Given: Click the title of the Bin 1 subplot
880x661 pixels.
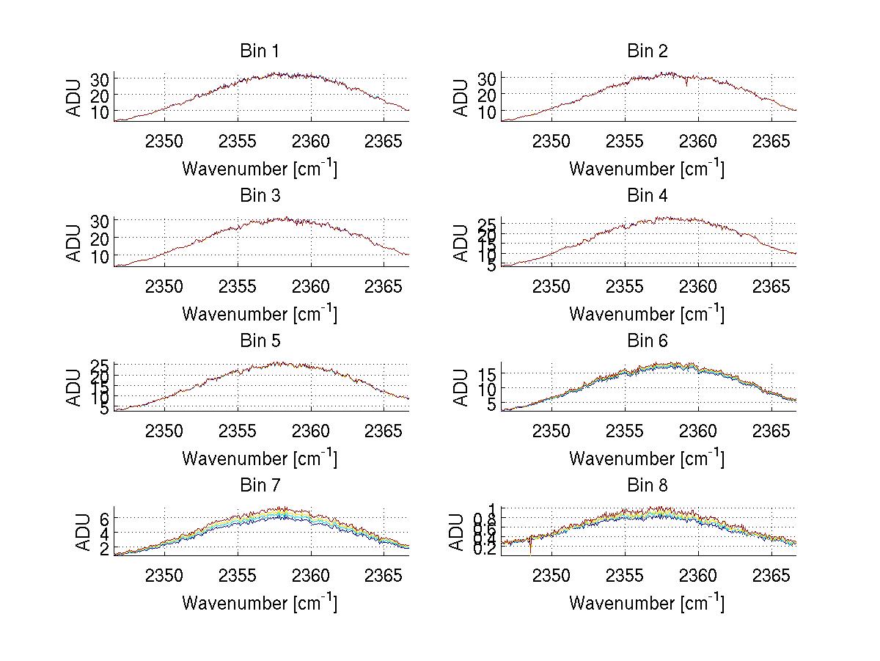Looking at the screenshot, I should click(x=260, y=51).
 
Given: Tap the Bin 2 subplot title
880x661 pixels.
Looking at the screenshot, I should click(x=647, y=51).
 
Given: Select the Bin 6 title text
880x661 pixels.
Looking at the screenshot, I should click(x=647, y=340).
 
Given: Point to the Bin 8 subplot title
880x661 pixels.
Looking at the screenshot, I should click(x=647, y=485).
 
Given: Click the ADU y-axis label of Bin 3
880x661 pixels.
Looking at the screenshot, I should click(x=75, y=243).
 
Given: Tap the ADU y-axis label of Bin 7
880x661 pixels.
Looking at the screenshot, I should click(x=83, y=533).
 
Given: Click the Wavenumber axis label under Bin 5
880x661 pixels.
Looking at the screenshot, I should click(x=260, y=459).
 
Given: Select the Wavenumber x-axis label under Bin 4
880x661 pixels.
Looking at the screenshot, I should click(x=647, y=313).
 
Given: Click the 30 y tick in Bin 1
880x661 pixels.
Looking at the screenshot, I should click(x=100, y=78).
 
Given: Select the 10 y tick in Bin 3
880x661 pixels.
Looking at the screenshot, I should click(x=100, y=256).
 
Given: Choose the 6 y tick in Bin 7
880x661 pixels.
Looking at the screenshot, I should click(x=105, y=518).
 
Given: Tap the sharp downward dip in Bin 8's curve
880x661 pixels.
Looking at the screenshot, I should click(x=530, y=552).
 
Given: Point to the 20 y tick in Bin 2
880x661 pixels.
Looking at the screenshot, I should click(x=488, y=95).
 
